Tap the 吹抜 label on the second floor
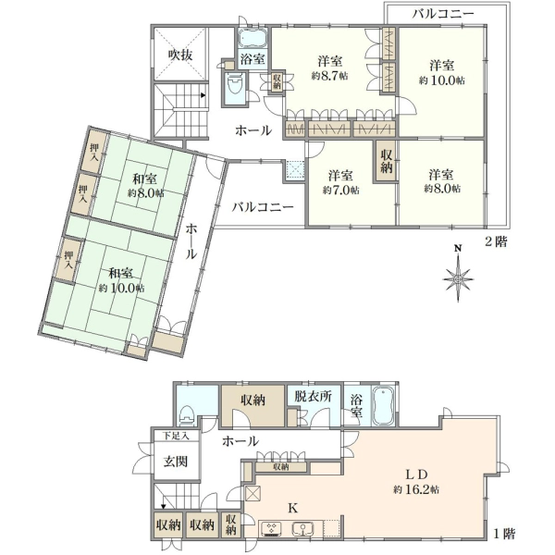point(180,55)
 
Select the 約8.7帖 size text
point(329,76)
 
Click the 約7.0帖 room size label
point(340,190)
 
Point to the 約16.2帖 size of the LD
point(416,489)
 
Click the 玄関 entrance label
point(175,462)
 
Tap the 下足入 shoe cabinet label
point(176,436)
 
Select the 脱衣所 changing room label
point(314,396)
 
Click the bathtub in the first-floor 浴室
point(384,406)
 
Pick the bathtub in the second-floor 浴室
point(253,38)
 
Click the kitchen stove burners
point(272,529)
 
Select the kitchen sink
point(302,529)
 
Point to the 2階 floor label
point(496,241)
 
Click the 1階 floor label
point(504,534)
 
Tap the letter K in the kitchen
point(292,508)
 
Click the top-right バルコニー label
point(443,14)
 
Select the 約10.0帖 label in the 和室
point(121,288)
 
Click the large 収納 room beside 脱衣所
point(253,406)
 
